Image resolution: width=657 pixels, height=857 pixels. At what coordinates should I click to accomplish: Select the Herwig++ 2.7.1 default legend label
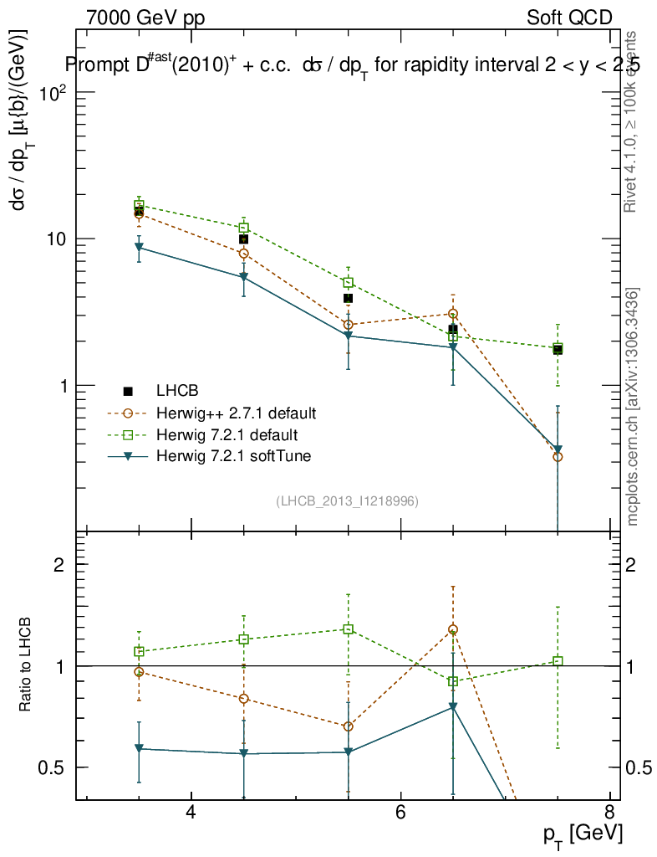tap(237, 413)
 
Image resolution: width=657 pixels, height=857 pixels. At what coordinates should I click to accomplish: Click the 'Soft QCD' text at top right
tap(569, 18)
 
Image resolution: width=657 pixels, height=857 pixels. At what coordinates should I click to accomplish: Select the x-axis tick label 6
tap(400, 813)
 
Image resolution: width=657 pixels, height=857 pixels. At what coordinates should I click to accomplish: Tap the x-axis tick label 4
tap(191, 813)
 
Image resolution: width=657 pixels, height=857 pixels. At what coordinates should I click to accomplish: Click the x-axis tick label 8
tap(609, 813)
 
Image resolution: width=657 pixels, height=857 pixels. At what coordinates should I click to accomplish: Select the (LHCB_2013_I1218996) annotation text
tap(347, 500)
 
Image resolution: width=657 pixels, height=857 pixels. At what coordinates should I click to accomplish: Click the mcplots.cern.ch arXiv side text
tap(633, 406)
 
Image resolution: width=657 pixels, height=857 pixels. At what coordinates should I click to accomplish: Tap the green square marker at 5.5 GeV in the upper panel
tap(349, 282)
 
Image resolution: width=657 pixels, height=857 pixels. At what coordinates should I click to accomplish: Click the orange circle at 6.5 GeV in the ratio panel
tap(453, 629)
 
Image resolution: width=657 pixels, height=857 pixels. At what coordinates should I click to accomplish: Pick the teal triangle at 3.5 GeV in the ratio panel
tap(139, 748)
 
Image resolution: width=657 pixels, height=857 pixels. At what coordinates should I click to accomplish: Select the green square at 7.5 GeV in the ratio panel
tap(558, 661)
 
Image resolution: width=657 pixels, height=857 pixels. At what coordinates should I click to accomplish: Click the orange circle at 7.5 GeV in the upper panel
tap(558, 457)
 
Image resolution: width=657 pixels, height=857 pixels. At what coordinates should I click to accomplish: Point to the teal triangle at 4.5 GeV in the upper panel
tap(243, 277)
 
